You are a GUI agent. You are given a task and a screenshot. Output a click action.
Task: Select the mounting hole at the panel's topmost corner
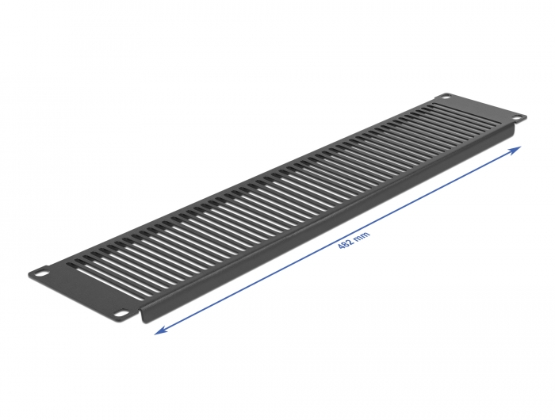pos(446,98)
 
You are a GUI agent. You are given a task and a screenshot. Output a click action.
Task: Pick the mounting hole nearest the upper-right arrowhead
pos(517,118)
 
